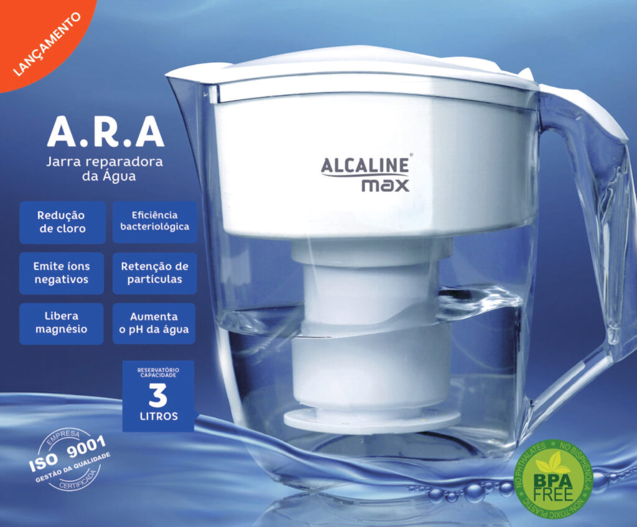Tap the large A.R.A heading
pyautogui.click(x=106, y=132)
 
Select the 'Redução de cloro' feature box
pyautogui.click(x=63, y=222)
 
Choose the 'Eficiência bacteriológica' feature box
pyautogui.click(x=155, y=222)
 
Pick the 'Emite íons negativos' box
pyautogui.click(x=62, y=273)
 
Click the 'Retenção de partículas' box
pyautogui.click(x=155, y=273)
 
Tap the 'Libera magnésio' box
pyautogui.click(x=62, y=324)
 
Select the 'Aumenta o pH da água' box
pyautogui.click(x=154, y=324)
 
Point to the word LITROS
pyautogui.click(x=159, y=416)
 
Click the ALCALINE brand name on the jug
pyautogui.click(x=365, y=166)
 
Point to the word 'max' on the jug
pyautogui.click(x=386, y=185)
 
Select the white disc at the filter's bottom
pyautogui.click(x=372, y=420)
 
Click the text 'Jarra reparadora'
pyautogui.click(x=105, y=162)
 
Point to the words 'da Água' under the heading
pyautogui.click(x=109, y=176)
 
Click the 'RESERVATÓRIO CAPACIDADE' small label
pyautogui.click(x=158, y=373)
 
